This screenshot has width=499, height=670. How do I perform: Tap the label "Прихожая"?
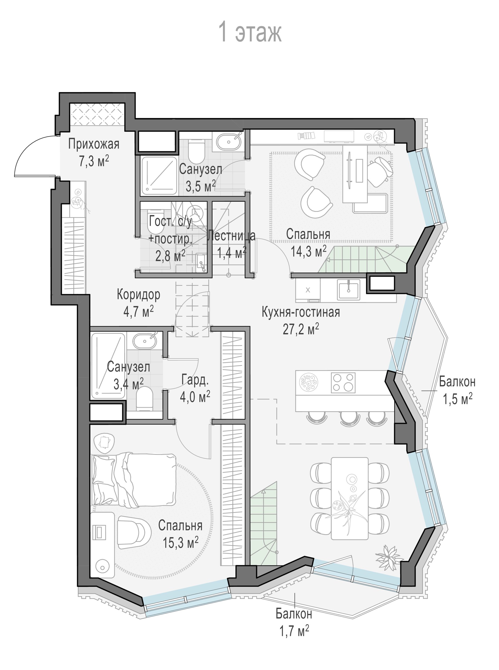[94, 144]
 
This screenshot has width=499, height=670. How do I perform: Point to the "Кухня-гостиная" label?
[301, 312]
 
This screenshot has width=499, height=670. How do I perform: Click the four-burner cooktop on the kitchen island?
[343, 382]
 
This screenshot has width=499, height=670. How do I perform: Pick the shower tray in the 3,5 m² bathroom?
[159, 175]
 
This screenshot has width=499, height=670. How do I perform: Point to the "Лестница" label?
[231, 236]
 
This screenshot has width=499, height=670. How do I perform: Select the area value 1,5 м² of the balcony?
[458, 399]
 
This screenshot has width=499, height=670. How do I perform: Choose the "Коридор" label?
[139, 294]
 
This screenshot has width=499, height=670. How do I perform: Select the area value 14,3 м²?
[308, 251]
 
